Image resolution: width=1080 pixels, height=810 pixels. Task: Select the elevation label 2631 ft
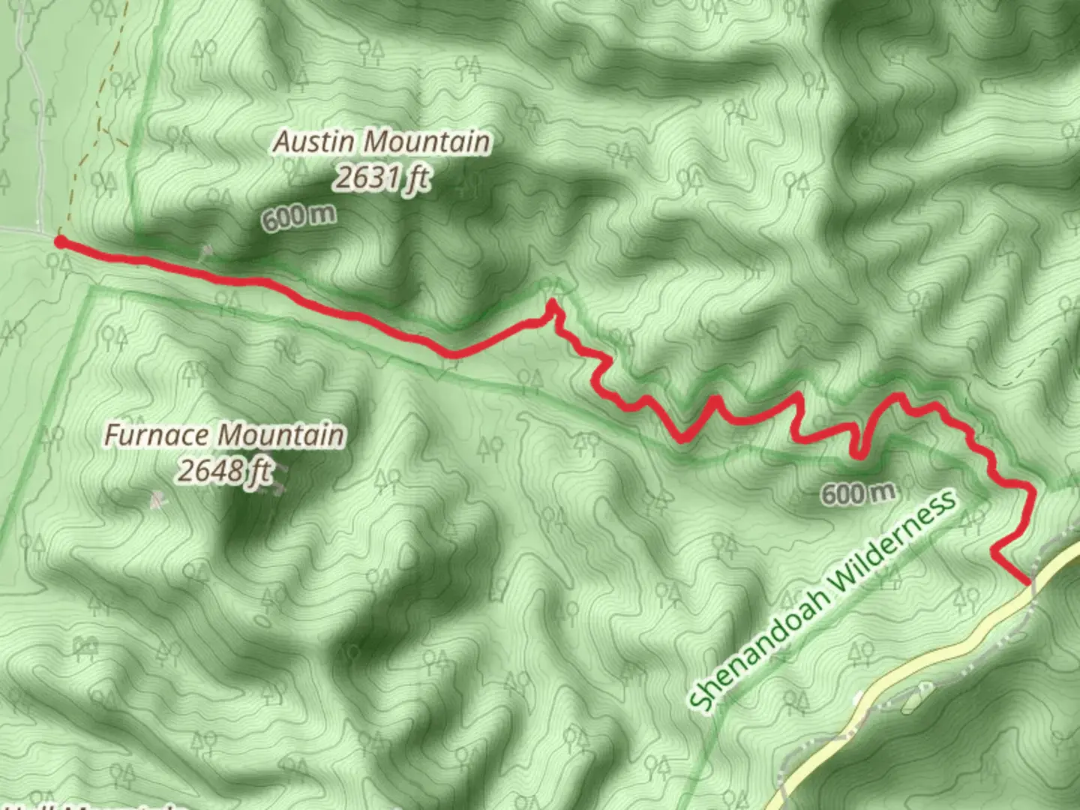[382, 178]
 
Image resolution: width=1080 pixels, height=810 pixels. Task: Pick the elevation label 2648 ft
[223, 471]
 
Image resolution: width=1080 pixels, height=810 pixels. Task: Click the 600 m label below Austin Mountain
[298, 217]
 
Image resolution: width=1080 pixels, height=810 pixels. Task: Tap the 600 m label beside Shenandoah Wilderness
[858, 493]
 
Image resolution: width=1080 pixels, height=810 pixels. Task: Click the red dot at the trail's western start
[59, 241]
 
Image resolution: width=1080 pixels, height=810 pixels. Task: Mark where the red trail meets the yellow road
[1027, 582]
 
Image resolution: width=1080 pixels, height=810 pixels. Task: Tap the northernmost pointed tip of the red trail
[553, 302]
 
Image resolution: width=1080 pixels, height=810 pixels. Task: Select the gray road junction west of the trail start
[37, 228]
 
